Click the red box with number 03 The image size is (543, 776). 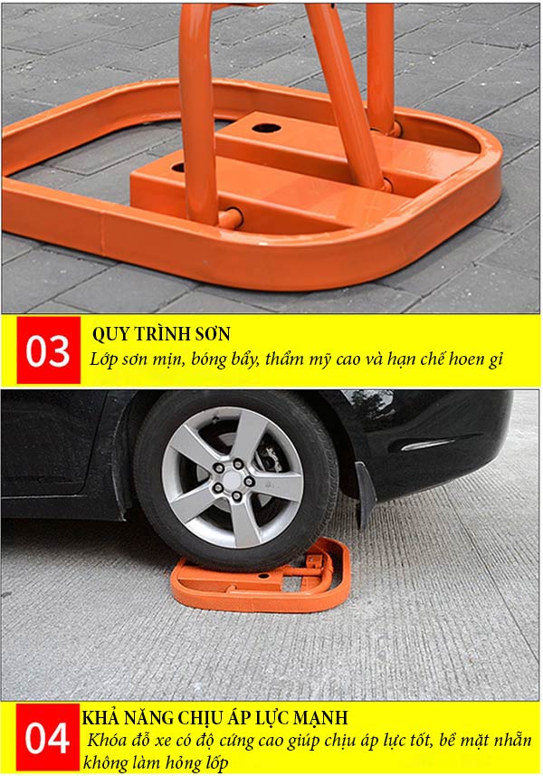click(47, 350)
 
